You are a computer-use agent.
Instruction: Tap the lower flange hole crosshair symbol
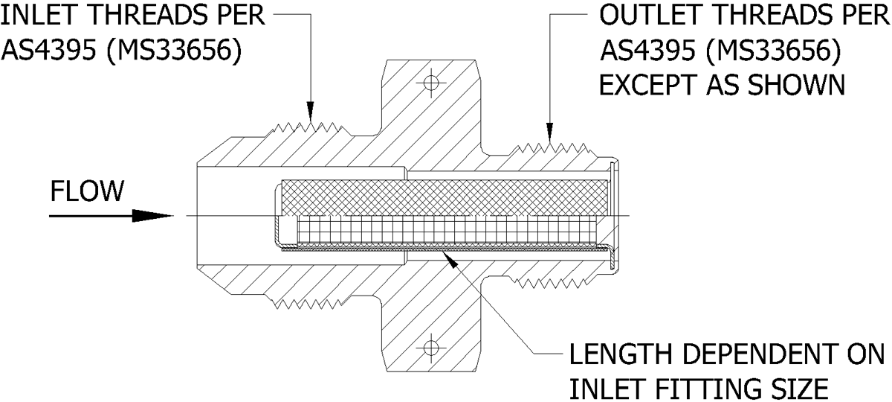click(x=430, y=348)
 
